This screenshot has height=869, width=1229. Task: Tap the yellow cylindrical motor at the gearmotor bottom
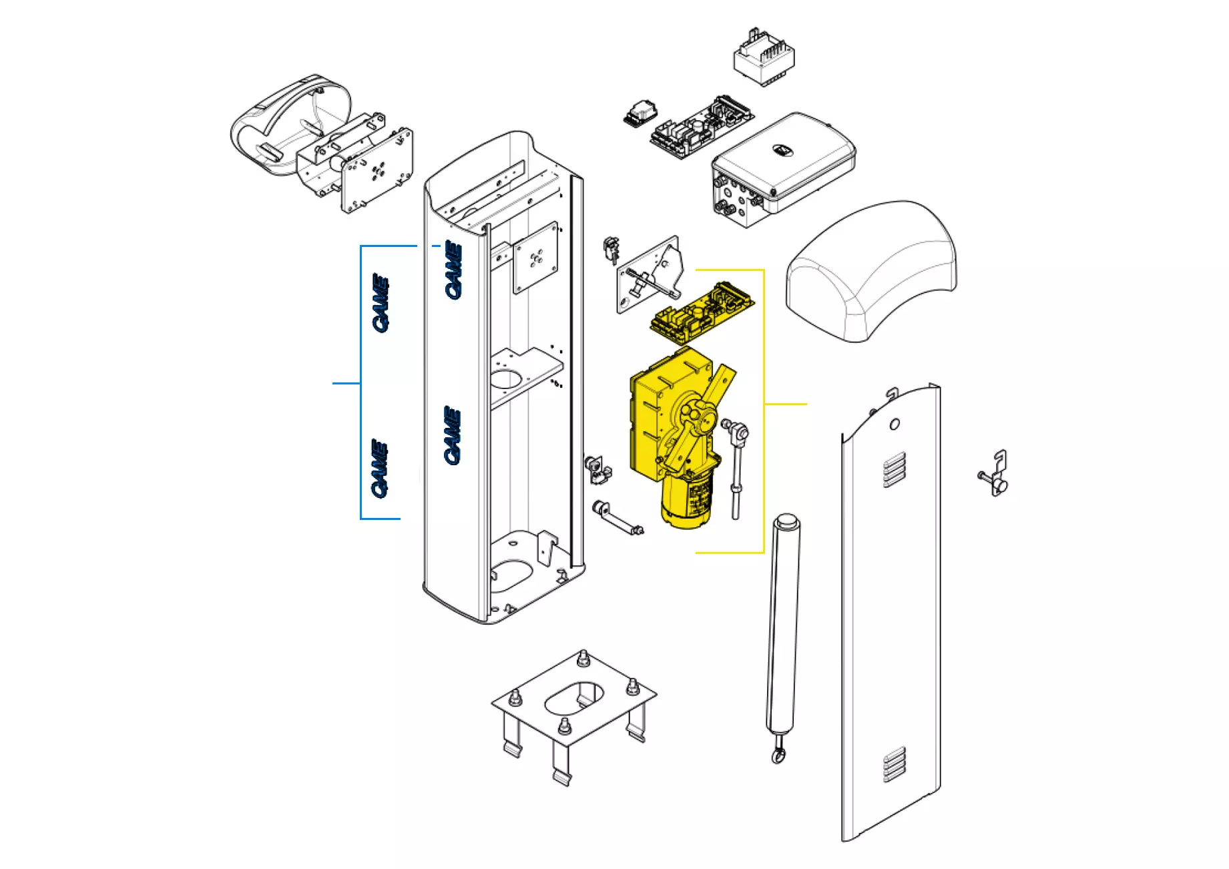[x=687, y=501]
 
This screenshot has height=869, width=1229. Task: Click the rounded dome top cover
[x=872, y=270]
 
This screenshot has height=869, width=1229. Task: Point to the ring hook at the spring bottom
[x=778, y=756]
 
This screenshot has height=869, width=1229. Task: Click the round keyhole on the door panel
[x=895, y=424]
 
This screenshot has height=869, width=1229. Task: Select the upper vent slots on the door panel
[x=895, y=469]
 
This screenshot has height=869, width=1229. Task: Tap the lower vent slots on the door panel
[x=895, y=764]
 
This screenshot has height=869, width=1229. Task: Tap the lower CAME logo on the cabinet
[x=453, y=435]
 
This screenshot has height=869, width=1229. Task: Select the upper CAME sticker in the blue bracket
[x=381, y=302]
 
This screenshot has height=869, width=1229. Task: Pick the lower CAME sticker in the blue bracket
[x=380, y=469]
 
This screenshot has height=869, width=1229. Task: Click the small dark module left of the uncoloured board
[x=640, y=113]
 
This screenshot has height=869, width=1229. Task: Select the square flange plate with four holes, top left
[x=378, y=171]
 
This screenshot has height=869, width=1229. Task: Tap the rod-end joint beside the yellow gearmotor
[x=737, y=434]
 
